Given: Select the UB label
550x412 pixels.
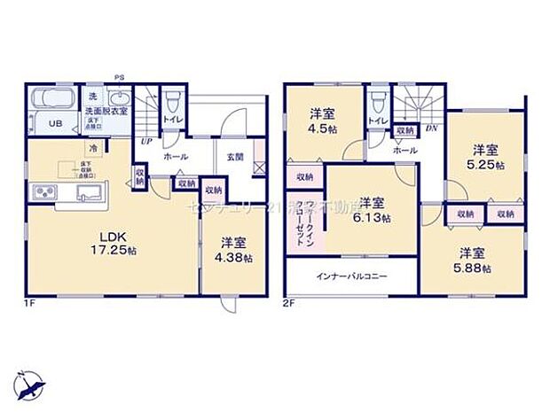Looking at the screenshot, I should (x=53, y=123).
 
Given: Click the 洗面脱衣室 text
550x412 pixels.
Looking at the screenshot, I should (x=106, y=112).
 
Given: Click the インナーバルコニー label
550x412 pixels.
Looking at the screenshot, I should (x=352, y=276).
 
